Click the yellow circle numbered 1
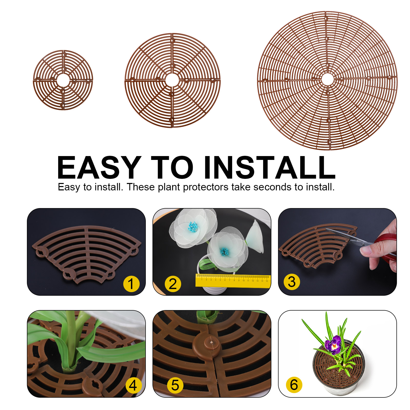[x=131, y=284]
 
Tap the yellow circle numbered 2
[x=173, y=284]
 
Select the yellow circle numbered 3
[x=292, y=282]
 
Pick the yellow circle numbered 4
[x=133, y=385]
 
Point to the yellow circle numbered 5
[x=175, y=385]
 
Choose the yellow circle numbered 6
[x=294, y=385]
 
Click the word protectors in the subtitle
[x=206, y=187]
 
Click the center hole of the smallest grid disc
[x=63, y=80]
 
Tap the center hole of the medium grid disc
[x=172, y=80]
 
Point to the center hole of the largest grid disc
[x=327, y=79]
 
